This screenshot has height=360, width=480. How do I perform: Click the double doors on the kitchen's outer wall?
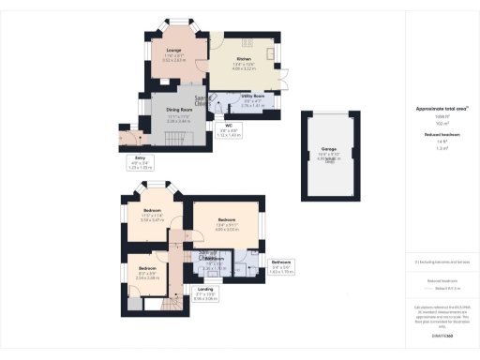click(281, 75)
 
